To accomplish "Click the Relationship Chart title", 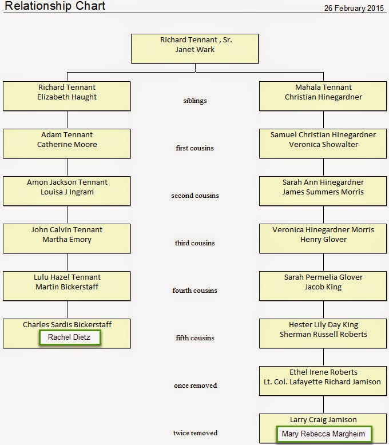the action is (x=55, y=6).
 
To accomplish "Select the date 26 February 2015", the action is (x=354, y=8).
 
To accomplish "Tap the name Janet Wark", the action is (x=194, y=49).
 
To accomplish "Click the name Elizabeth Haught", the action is (x=67, y=97).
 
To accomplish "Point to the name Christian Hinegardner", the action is (x=323, y=97).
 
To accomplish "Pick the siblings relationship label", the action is (x=194, y=101).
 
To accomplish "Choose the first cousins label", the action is (x=194, y=148).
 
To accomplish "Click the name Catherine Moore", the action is (x=67, y=145).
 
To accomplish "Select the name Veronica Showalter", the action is (x=323, y=145).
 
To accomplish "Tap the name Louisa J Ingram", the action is (x=67, y=192).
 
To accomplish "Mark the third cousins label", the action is (x=194, y=243).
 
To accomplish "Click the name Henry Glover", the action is (x=323, y=240).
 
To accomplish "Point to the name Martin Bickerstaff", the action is (x=67, y=287).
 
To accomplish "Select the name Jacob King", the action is (x=323, y=287).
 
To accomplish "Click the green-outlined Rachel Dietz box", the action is (x=70, y=337).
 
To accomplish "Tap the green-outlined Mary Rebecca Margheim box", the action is (x=324, y=434).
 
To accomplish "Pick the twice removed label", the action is (x=195, y=433).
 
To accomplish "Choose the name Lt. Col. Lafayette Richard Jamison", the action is (x=322, y=382).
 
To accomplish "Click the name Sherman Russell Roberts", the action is (x=323, y=334).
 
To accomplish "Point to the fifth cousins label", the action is (x=194, y=338).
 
